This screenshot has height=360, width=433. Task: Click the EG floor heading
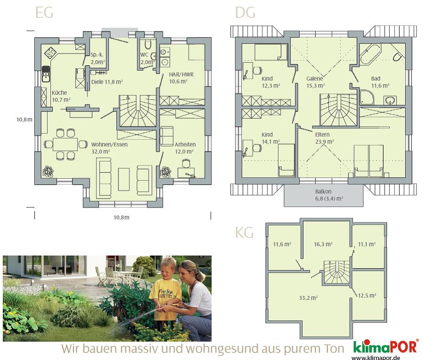click(44, 13)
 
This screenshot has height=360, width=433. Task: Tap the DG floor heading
click(245, 13)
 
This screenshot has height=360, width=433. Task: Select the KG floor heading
click(244, 232)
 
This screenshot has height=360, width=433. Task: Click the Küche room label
click(59, 93)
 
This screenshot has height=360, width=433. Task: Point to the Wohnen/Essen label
click(109, 144)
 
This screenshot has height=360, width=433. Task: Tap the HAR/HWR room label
click(181, 74)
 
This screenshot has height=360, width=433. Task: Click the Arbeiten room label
click(185, 144)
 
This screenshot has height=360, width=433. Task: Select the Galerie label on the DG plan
click(314, 79)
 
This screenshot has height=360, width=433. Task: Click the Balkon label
click(323, 192)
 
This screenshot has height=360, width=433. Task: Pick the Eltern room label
click(322, 135)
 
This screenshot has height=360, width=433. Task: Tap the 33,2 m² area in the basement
click(308, 298)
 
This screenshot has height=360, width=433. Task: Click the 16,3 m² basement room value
click(323, 244)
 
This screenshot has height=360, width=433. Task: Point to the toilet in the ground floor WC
click(148, 44)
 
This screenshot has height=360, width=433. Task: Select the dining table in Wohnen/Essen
click(65, 144)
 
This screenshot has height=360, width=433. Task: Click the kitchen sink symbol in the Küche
click(46, 74)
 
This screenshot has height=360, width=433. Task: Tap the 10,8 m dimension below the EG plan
click(121, 217)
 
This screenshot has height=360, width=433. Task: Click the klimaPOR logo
click(385, 346)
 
